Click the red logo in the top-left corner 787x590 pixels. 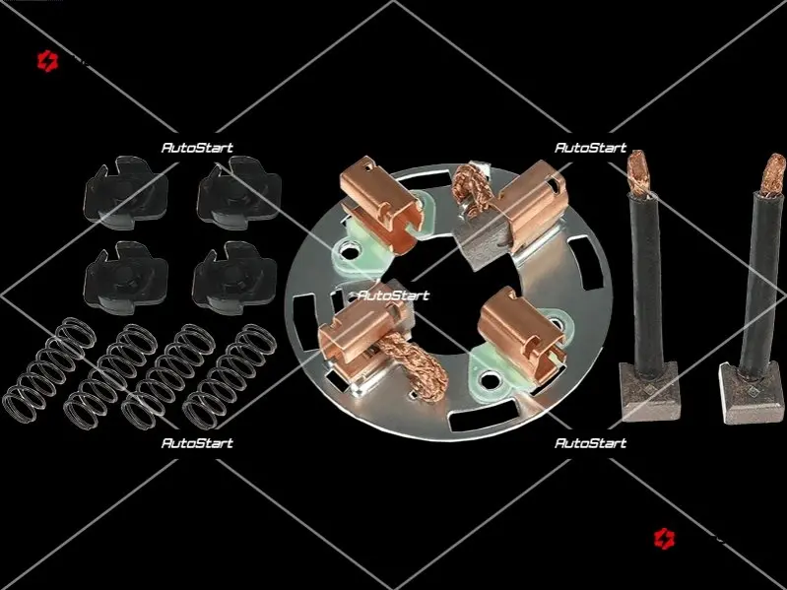pos(47,61)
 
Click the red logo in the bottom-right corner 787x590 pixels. pos(664,539)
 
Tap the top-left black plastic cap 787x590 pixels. pos(125,193)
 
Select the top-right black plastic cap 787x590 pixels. pos(239,193)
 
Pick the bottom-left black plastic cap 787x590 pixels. pos(125,278)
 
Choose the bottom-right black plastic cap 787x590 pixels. pos(233,278)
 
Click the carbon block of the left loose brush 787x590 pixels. pos(649,391)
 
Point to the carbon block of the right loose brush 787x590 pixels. pos(752,393)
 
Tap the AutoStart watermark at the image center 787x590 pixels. pos(393,295)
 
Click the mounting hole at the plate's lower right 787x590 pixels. pos(489,380)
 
